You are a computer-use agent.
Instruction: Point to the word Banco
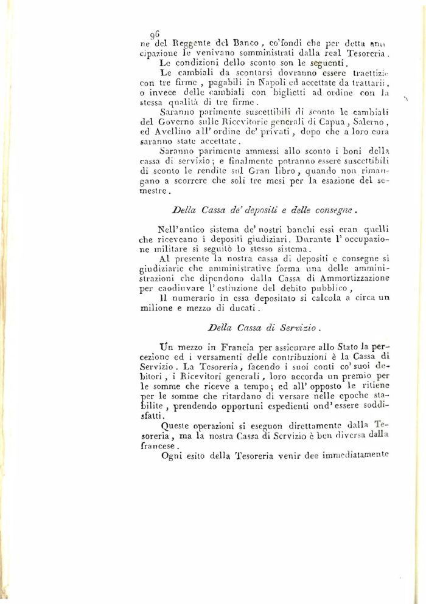click(x=245, y=44)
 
